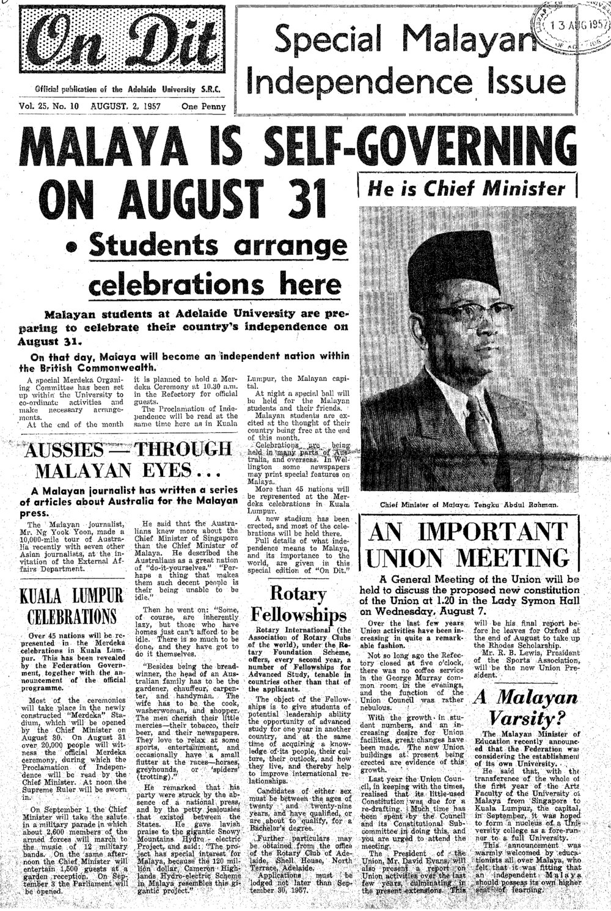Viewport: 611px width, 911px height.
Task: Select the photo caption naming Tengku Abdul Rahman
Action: tap(468, 505)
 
